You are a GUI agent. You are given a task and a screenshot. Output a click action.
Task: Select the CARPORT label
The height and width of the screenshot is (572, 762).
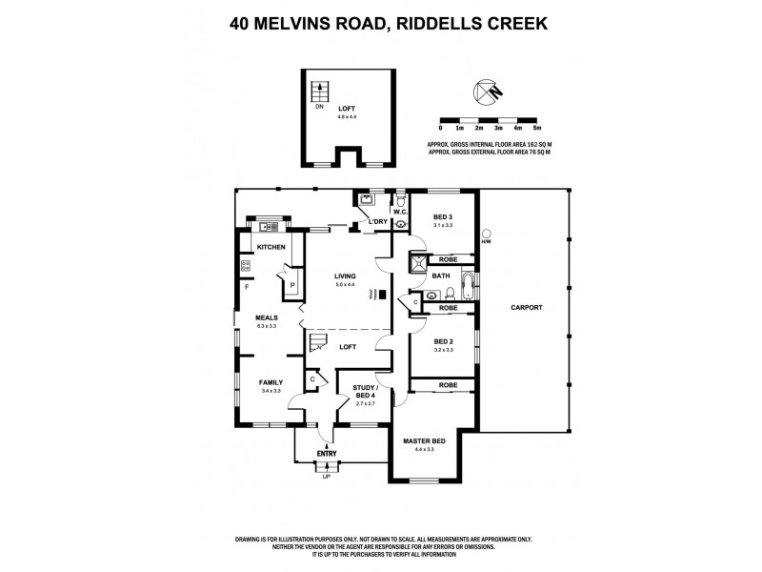(525, 308)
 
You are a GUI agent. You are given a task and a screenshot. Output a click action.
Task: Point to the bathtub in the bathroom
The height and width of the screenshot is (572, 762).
(469, 279)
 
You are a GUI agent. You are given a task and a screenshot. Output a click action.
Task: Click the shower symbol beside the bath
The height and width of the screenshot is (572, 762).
(417, 264)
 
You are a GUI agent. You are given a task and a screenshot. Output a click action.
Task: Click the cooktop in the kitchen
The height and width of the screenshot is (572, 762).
(245, 267)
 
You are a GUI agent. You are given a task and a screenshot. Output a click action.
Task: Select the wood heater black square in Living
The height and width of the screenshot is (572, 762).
(381, 295)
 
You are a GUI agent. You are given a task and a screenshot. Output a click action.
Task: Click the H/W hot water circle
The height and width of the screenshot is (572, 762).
(486, 232)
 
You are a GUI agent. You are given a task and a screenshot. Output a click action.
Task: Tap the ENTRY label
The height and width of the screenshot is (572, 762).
(327, 454)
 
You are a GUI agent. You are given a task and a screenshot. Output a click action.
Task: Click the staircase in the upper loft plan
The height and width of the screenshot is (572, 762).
(320, 92)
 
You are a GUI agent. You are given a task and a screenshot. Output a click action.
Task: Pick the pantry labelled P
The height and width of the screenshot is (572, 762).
(291, 284)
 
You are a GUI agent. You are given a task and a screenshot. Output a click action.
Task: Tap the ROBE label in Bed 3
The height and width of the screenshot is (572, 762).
(448, 259)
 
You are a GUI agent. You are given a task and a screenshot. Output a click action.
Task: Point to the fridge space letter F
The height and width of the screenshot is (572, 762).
(247, 286)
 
